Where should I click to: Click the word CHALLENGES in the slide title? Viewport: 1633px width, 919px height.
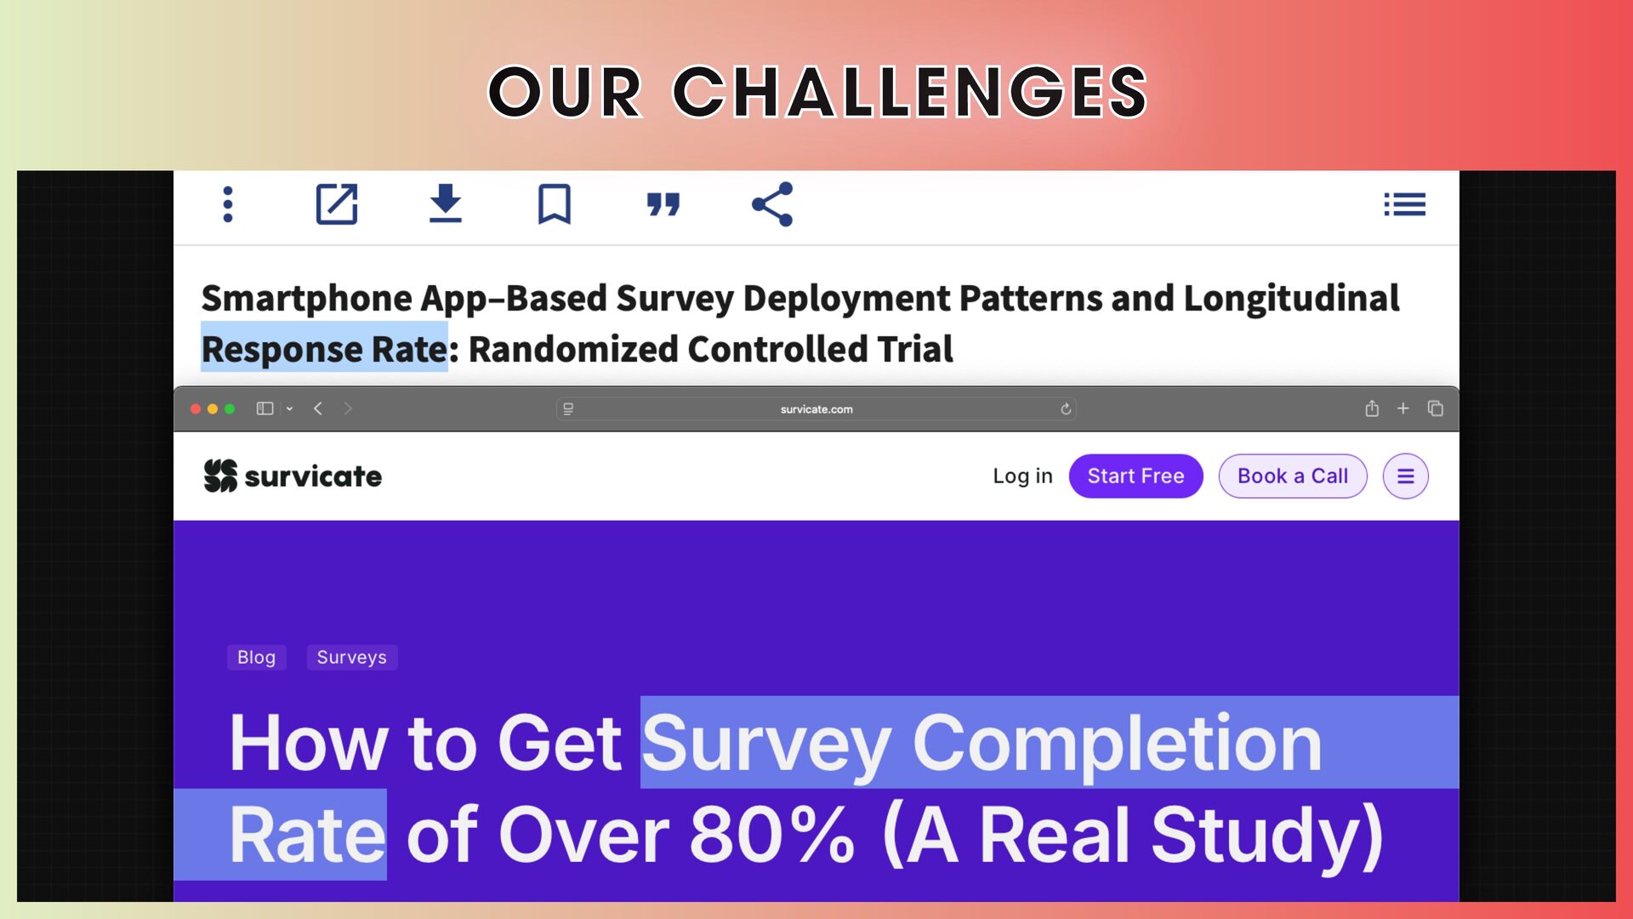[x=910, y=92]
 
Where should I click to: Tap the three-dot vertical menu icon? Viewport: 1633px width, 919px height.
[x=227, y=204]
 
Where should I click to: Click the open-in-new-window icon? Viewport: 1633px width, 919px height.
[x=337, y=204]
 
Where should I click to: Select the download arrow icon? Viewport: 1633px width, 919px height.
[x=445, y=203]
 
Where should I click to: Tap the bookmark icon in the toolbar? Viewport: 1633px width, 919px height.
[x=554, y=204]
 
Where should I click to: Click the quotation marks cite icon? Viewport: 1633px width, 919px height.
[x=663, y=204]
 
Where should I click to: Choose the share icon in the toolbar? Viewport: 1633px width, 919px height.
[x=772, y=204]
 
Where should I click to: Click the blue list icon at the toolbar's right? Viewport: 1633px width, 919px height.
[x=1404, y=204]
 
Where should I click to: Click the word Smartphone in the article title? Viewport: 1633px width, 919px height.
[x=307, y=299]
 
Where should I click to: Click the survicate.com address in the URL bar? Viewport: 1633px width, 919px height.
[x=816, y=409]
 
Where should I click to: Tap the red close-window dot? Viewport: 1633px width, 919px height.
[x=196, y=409]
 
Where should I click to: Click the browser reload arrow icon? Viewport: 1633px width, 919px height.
[x=1066, y=409]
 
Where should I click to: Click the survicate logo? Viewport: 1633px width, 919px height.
[x=293, y=476]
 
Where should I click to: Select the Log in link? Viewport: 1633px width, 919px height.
[x=1022, y=476]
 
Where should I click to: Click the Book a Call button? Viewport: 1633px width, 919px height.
[x=1293, y=476]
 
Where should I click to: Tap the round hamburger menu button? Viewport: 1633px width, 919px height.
[x=1406, y=477]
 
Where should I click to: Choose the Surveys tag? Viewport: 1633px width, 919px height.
[x=351, y=657]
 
